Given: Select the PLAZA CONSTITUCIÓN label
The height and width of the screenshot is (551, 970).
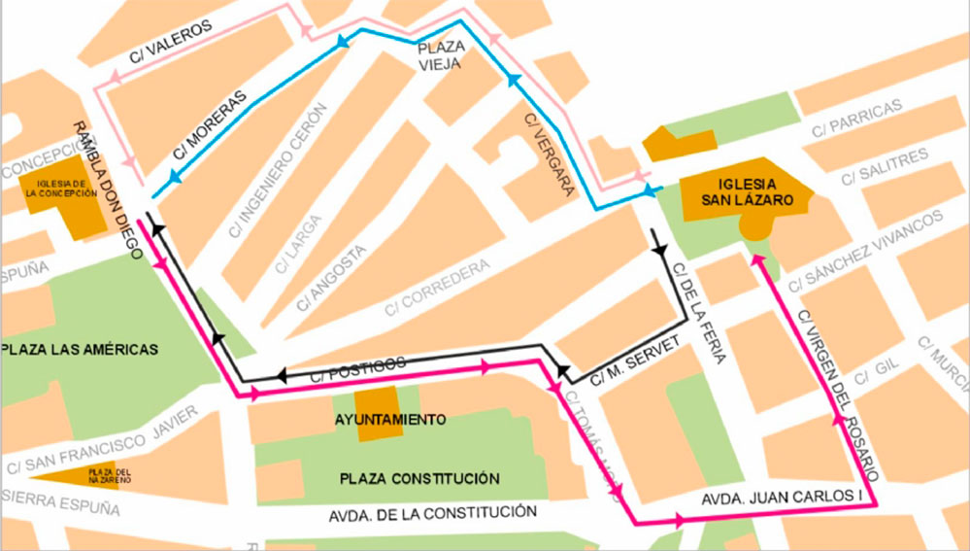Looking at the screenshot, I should [419, 478].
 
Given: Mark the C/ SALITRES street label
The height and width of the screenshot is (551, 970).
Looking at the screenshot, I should [885, 165].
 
